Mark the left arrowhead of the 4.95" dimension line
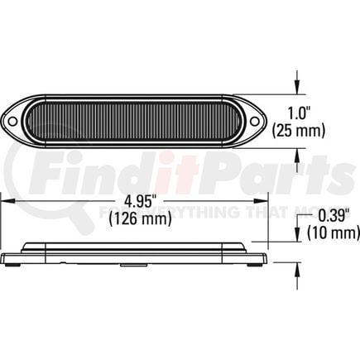(x=6, y=201)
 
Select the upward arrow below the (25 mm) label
(x=296, y=147)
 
